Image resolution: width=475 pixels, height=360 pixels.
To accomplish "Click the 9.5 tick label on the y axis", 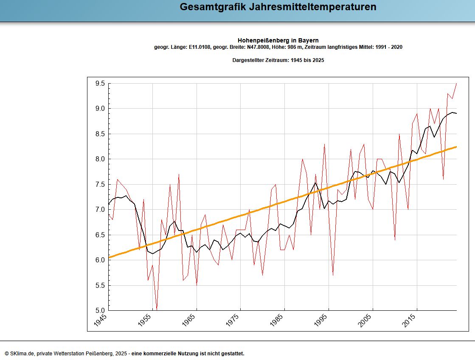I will (100, 84).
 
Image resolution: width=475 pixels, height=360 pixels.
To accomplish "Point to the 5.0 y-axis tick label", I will (100, 310).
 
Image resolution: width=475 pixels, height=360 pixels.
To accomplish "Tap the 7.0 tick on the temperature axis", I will (100, 210).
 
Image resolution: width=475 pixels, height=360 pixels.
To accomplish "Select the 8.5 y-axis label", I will (100, 134).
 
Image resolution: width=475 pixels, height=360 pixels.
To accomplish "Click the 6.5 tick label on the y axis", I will (100, 235).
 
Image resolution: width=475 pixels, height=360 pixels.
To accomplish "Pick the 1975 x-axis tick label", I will (233, 320).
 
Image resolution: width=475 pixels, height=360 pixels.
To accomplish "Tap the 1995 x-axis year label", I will (321, 320).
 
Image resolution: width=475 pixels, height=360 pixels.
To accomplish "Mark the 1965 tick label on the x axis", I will (189, 320).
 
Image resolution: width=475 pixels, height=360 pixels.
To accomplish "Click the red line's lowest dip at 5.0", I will (157, 309).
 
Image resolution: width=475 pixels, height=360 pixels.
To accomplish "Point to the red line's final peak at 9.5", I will (456, 84).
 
